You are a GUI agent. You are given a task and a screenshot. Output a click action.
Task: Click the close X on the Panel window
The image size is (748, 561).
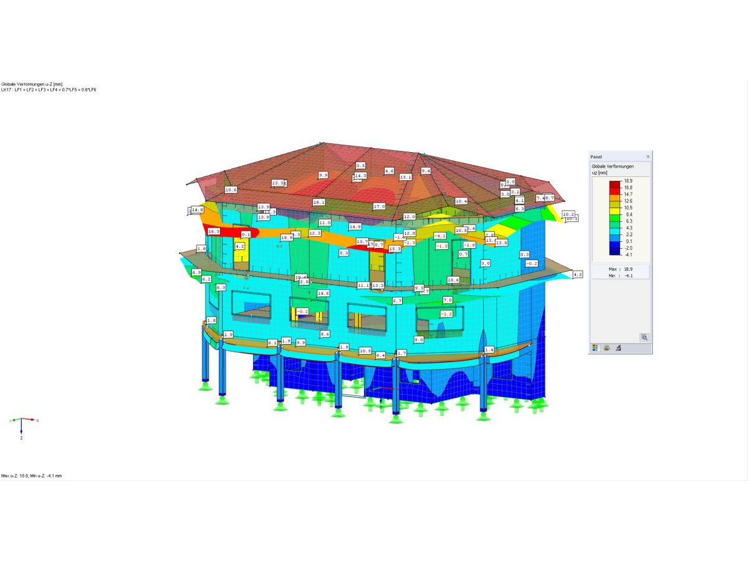click(648, 156)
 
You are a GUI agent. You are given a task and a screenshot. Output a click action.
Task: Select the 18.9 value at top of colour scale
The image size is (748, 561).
click(628, 180)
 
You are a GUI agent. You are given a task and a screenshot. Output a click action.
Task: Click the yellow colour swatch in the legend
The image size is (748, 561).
click(615, 214)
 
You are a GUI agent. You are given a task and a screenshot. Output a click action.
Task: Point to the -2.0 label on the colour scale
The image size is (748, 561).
click(628, 247)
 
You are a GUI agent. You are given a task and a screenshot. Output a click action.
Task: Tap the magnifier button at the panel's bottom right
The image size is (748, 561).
click(644, 337)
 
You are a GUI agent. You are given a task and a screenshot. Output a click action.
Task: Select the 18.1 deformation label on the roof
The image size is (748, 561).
click(319, 203)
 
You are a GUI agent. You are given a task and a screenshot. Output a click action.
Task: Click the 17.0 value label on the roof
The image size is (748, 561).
click(379, 206)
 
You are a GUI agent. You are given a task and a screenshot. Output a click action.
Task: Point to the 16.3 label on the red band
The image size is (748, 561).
click(214, 231)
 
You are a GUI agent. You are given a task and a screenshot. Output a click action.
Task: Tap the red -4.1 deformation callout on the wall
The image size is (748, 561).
click(440, 236)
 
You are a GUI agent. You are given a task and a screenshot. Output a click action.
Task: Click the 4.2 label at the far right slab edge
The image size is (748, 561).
click(577, 274)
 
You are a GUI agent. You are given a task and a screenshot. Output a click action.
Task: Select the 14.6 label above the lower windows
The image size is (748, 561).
click(323, 293)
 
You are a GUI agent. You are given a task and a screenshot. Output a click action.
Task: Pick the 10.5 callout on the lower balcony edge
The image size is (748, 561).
click(365, 351)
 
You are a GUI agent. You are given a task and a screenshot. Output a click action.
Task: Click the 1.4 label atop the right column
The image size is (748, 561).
click(489, 350)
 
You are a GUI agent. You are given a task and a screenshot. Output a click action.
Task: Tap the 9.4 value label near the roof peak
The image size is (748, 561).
click(426, 171)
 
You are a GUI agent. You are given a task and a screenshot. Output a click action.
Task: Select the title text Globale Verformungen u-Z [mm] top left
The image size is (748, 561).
click(31, 84)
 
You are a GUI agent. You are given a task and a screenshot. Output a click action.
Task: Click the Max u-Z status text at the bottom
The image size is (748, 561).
click(31, 476)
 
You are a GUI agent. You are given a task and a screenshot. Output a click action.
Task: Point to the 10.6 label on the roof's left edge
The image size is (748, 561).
click(231, 189)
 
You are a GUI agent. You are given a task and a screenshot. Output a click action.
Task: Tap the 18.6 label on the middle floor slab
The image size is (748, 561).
click(453, 280)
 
